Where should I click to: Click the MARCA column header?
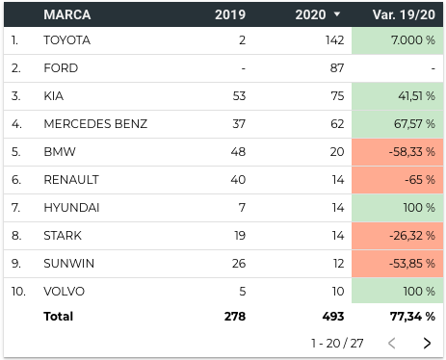[x=67, y=14]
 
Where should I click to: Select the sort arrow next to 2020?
[x=337, y=14]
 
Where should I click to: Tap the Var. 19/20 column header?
[x=404, y=14]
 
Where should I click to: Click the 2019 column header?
[x=230, y=14]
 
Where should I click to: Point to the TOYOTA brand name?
[x=67, y=40]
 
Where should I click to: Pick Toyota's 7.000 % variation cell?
[x=398, y=40]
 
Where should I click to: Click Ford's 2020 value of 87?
[x=337, y=68]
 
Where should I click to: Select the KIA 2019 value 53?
[x=239, y=96]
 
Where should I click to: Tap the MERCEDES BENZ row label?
[x=95, y=124]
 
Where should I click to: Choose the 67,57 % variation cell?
[x=398, y=124]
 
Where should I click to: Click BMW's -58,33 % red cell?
[x=398, y=152]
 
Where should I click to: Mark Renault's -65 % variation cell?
[x=398, y=180]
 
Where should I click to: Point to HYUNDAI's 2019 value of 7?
[x=242, y=208]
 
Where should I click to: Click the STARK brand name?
[x=63, y=236]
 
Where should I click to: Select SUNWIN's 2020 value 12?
[x=339, y=264]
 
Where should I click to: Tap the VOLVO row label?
[x=65, y=292]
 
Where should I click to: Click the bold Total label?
[x=59, y=317]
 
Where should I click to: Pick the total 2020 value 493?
[x=333, y=317]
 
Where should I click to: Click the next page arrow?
[x=427, y=343]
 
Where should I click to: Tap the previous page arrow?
[x=391, y=343]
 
